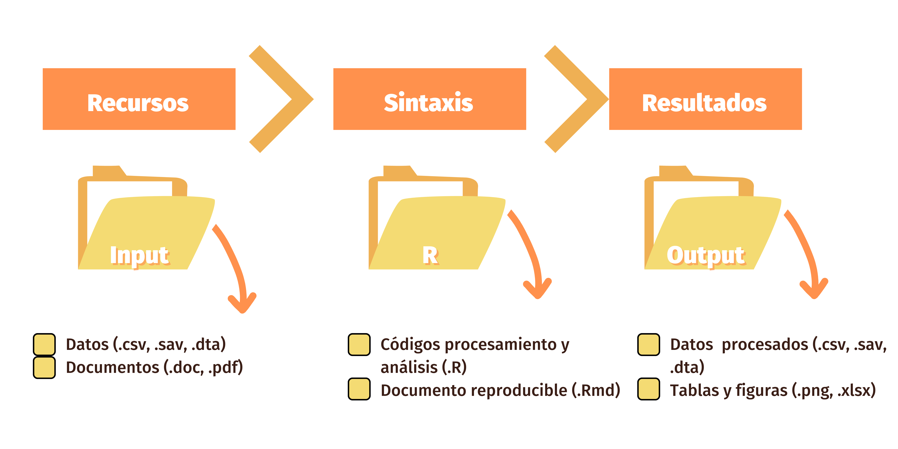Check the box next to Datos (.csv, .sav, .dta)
pos(44,344)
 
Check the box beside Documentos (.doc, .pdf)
pos(44,367)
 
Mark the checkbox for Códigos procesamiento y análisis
pos(359,344)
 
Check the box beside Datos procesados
pos(648,344)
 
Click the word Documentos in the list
pos(112,367)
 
